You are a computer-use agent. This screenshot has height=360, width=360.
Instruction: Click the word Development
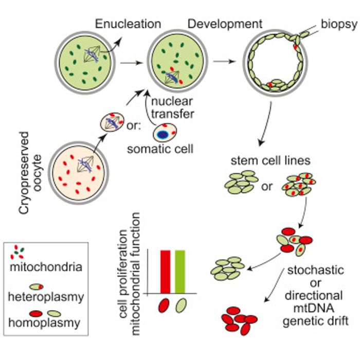coord(225,24)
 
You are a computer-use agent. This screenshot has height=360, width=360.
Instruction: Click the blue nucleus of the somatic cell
coord(163,135)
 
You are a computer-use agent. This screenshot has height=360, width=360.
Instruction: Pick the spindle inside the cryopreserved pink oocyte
coord(82,165)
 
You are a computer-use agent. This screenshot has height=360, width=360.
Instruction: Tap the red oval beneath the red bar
coord(165,305)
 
